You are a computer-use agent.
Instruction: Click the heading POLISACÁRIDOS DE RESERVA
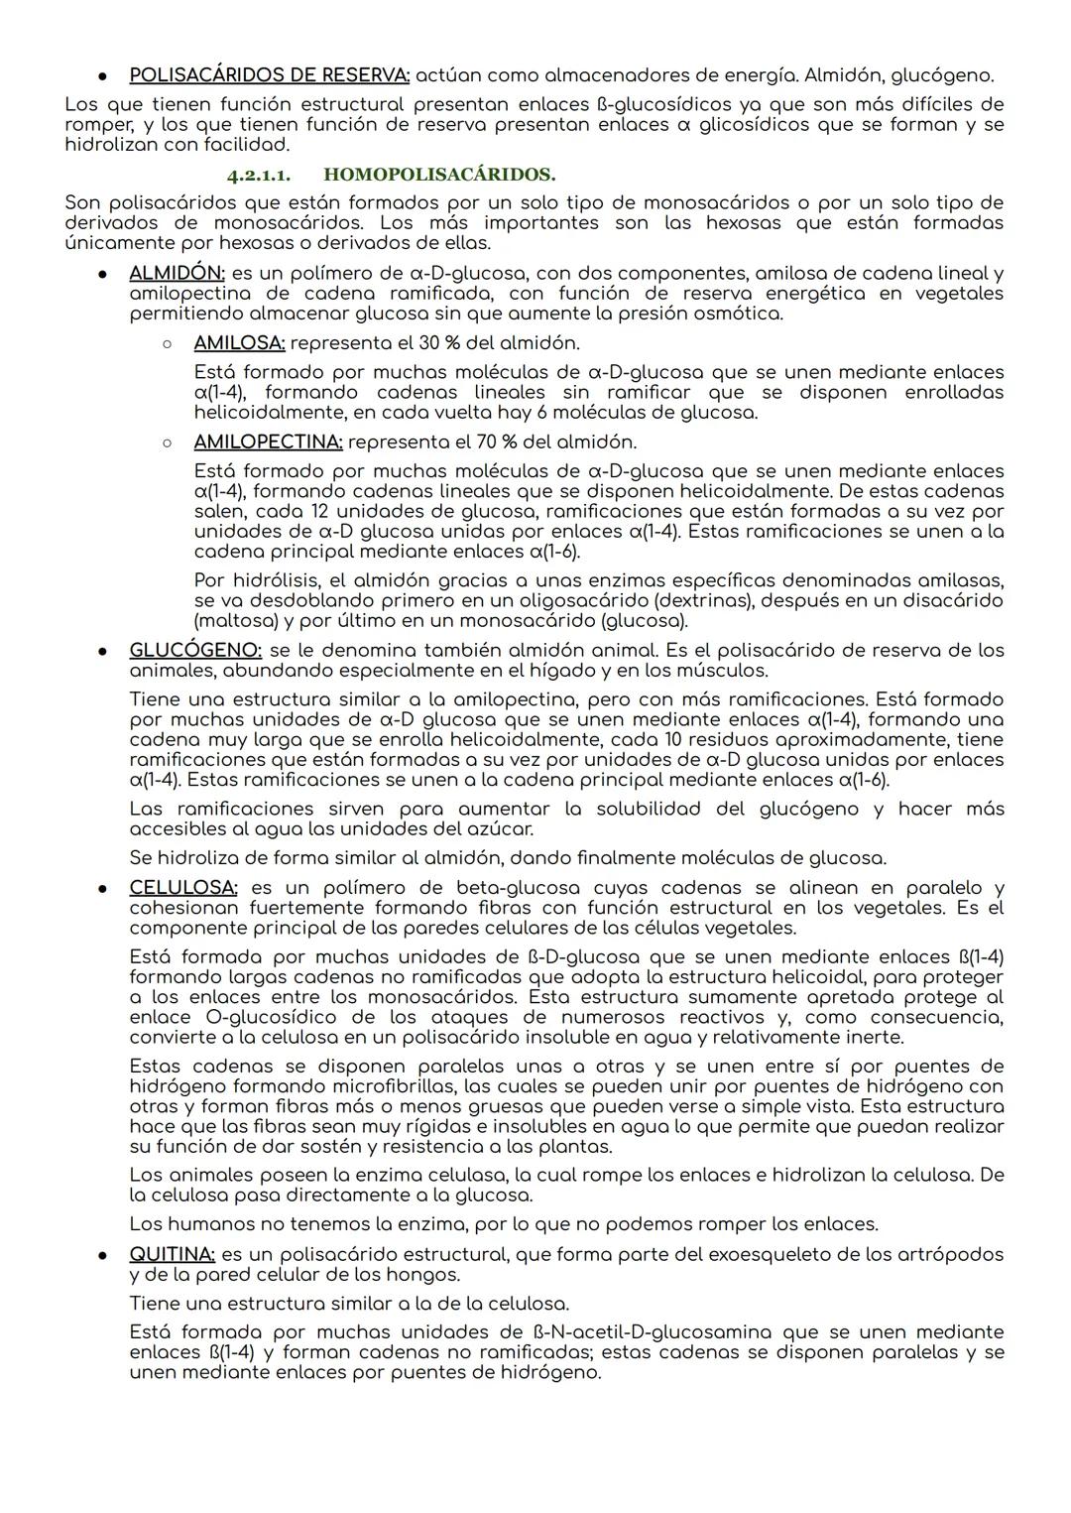click(x=269, y=75)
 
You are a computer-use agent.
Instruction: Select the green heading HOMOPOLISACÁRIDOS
click(x=439, y=175)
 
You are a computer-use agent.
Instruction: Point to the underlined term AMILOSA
click(x=239, y=342)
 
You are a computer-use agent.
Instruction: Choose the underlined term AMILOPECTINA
click(x=268, y=441)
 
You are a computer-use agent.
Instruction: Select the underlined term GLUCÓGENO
click(x=195, y=650)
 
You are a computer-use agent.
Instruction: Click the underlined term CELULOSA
click(x=182, y=888)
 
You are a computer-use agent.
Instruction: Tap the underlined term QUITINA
click(x=172, y=1254)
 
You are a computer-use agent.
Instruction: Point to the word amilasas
click(x=958, y=580)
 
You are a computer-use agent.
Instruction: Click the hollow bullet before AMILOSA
click(x=168, y=343)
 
